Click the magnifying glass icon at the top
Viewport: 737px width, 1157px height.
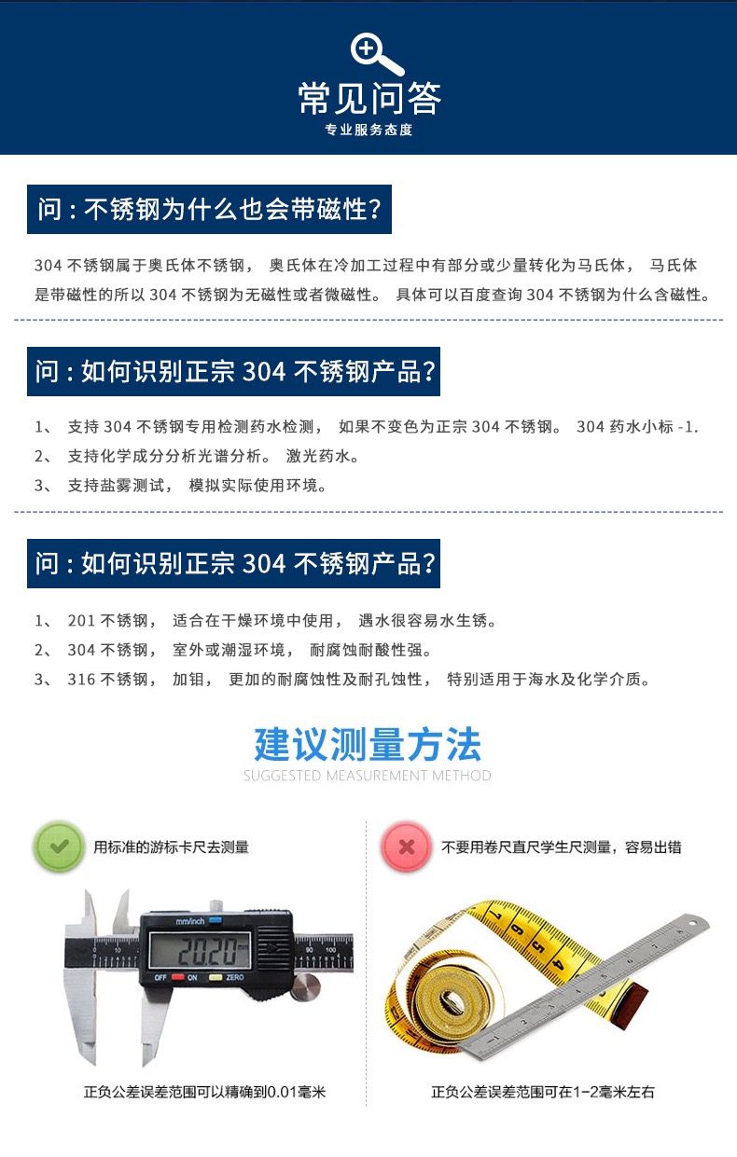(377, 54)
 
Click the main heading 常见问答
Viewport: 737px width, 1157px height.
(369, 98)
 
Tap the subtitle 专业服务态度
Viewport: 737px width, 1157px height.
(368, 130)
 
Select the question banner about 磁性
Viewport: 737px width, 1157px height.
(209, 209)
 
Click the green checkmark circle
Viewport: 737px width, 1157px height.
(59, 847)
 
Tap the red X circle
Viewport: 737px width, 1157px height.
(406, 847)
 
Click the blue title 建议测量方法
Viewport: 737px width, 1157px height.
(368, 744)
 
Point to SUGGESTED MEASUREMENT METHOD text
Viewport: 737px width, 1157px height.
(368, 776)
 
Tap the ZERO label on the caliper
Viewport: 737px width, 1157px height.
(235, 978)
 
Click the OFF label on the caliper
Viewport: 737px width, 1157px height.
(160, 978)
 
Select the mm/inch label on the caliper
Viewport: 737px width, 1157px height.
(190, 921)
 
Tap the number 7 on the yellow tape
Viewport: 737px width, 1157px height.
(496, 916)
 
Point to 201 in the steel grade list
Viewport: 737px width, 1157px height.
(82, 620)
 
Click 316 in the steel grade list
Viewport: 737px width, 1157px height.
(82, 680)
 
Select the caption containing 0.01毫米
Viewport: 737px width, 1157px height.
(204, 1092)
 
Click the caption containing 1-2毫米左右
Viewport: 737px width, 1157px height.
(543, 1092)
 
